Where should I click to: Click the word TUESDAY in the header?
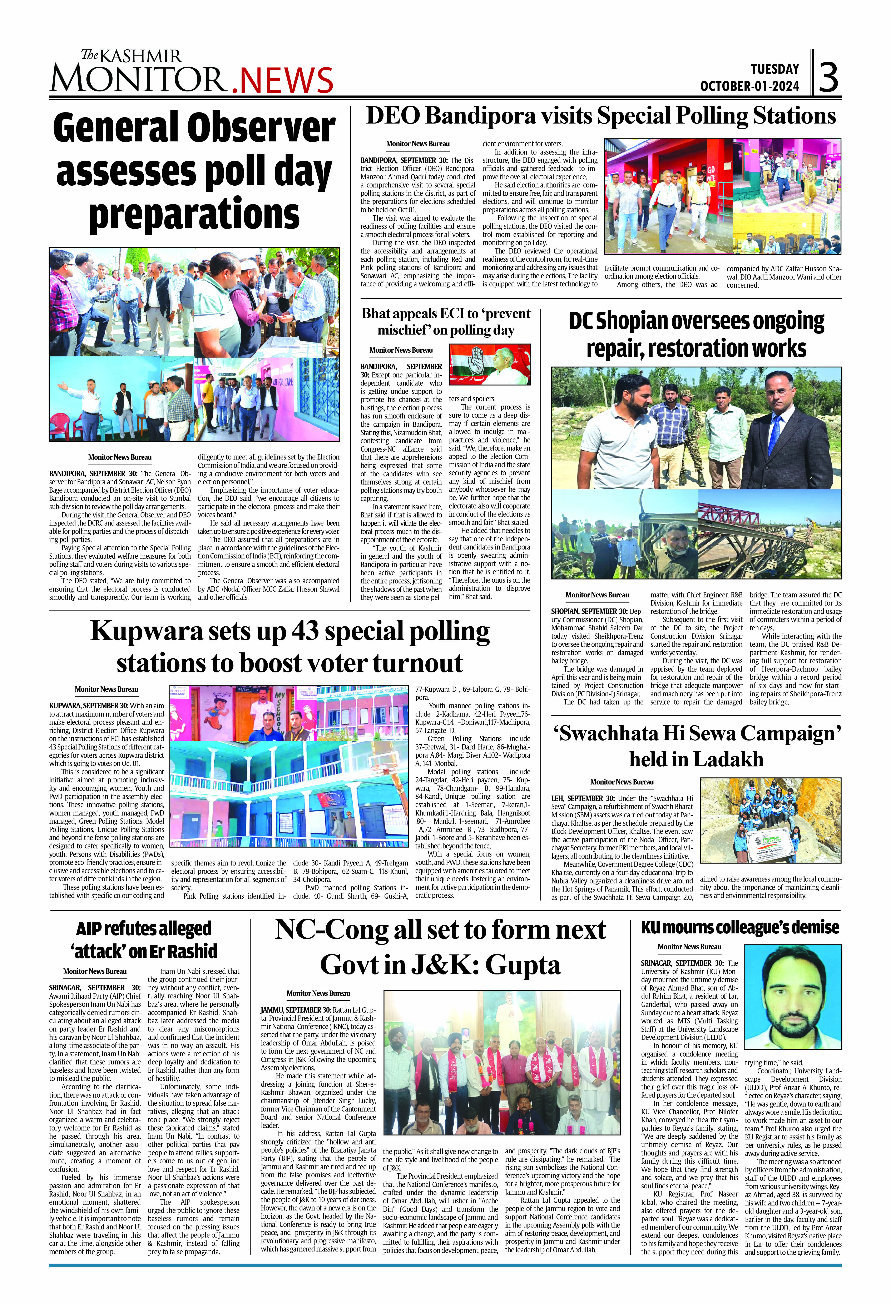(x=775, y=69)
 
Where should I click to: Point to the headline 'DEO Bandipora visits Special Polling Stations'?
(x=601, y=116)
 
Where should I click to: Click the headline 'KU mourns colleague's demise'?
(x=740, y=928)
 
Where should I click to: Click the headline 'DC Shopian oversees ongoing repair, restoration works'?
(x=696, y=334)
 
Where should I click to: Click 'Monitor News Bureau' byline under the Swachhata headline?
(x=622, y=782)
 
